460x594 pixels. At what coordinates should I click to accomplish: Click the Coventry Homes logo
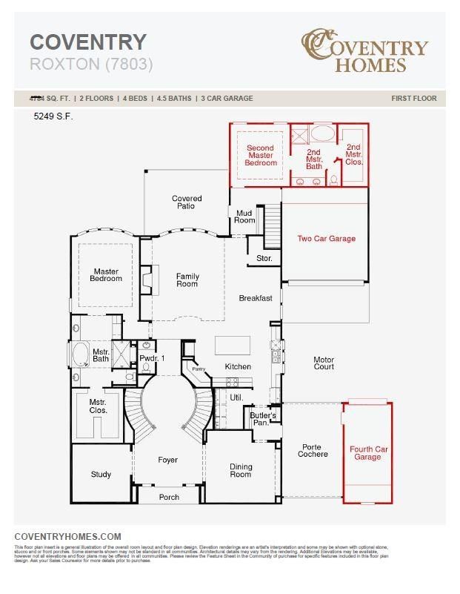[x=364, y=50]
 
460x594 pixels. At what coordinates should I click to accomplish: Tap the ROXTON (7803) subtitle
[x=91, y=65]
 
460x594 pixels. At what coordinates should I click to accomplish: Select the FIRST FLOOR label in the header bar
[x=414, y=98]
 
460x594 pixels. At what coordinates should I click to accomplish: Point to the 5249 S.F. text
[x=53, y=116]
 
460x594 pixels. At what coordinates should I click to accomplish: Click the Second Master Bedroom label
[x=260, y=155]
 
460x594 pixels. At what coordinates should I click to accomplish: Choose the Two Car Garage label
[x=326, y=239]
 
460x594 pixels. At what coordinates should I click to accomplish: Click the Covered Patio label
[x=187, y=202]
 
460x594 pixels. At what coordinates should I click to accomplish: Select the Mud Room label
[x=244, y=217]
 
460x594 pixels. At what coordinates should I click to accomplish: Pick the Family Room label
[x=187, y=280]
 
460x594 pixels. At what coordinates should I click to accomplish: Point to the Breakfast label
[x=256, y=298]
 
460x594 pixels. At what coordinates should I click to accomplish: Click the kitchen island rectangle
[x=233, y=346]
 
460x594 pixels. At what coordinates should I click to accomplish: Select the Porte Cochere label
[x=313, y=451]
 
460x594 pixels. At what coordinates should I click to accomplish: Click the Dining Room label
[x=241, y=471]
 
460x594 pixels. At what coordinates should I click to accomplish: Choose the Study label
[x=101, y=475]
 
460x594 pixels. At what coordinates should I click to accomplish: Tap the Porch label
[x=170, y=497]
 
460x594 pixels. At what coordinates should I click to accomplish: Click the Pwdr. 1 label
[x=152, y=359]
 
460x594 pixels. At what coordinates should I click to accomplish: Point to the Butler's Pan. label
[x=263, y=419]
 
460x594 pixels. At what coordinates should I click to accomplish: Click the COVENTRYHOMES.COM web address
[x=67, y=536]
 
